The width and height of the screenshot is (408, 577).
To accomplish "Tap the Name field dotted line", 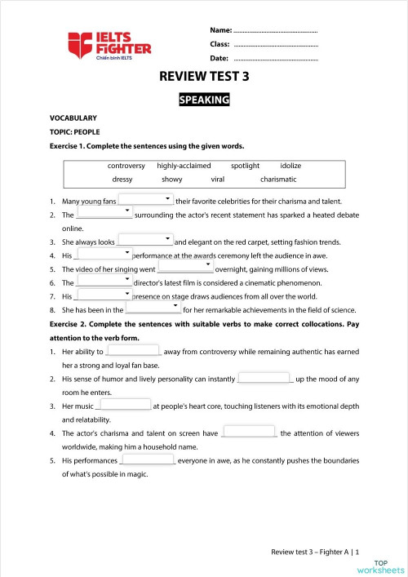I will pyautogui.click(x=275, y=30).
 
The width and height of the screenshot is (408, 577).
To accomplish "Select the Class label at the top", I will pyautogui.click(x=220, y=44).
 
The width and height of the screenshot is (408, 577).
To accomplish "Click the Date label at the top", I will pyautogui.click(x=219, y=59).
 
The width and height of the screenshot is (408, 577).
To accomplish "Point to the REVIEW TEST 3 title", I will pyautogui.click(x=203, y=78).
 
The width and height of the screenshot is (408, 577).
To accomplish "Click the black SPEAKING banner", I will pyautogui.click(x=204, y=100).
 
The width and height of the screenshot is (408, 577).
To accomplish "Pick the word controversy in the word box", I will pyautogui.click(x=126, y=166).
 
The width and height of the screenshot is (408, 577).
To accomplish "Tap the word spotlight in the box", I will pyautogui.click(x=245, y=166).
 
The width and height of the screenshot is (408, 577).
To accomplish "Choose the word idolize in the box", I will pyautogui.click(x=290, y=166).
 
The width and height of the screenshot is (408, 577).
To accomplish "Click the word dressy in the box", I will pyautogui.click(x=122, y=180).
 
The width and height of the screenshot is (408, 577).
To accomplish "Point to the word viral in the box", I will pyautogui.click(x=218, y=180).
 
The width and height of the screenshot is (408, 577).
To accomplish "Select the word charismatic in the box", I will pyautogui.click(x=278, y=180).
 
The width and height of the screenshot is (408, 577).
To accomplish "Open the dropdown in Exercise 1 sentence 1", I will pyautogui.click(x=147, y=200).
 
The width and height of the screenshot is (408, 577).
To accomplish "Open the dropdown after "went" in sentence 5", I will pyautogui.click(x=184, y=269).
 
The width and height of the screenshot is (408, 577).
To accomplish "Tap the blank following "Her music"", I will pyautogui.click(x=124, y=405).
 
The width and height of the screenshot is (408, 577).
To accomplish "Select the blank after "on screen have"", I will pyautogui.click(x=248, y=433).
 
